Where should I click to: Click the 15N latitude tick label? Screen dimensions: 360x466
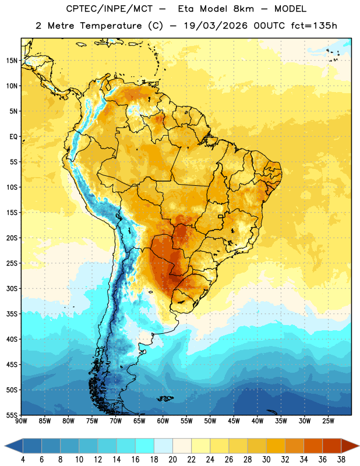click(12, 61)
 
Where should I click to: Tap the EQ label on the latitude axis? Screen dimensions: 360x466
click(13, 137)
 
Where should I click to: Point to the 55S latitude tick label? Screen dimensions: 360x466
click(12, 415)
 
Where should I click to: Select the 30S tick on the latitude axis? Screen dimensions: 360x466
click(12, 288)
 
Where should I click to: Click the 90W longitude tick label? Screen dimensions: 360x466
click(21, 421)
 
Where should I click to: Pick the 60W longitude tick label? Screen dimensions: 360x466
click(163, 421)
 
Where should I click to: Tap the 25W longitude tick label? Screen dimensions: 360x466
click(328, 421)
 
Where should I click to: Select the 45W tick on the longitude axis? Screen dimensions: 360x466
click(234, 421)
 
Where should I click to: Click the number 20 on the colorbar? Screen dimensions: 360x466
click(172, 460)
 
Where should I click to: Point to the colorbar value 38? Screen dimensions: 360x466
click(341, 460)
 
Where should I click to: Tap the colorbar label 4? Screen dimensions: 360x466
click(23, 460)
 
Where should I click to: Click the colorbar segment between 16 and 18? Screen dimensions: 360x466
click(145, 446)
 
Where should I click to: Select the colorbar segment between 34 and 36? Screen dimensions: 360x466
click(313, 446)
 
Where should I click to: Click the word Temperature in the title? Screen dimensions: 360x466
click(111, 26)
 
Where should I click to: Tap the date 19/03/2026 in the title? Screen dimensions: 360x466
click(216, 26)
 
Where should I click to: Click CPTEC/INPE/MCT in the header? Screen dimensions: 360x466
click(109, 9)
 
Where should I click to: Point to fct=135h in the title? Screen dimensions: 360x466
click(314, 26)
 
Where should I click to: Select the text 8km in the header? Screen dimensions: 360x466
click(243, 9)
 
